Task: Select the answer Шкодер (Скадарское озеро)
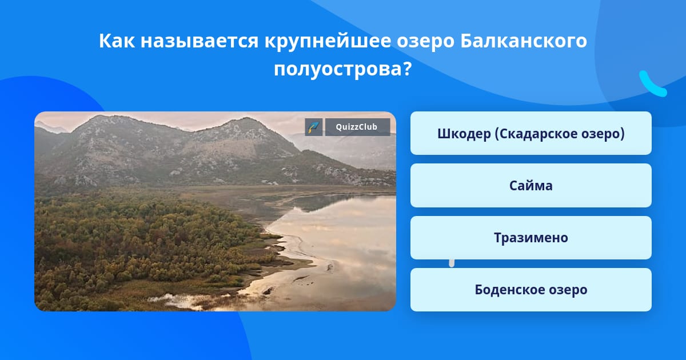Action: (531, 133)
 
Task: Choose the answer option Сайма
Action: (531, 186)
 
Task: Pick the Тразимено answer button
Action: (531, 238)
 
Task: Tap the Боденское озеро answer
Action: (531, 290)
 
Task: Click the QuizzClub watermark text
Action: (357, 127)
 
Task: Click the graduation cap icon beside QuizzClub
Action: (314, 127)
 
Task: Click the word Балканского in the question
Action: (524, 41)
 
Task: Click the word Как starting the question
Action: (117, 41)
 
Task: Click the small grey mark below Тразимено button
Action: (452, 263)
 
